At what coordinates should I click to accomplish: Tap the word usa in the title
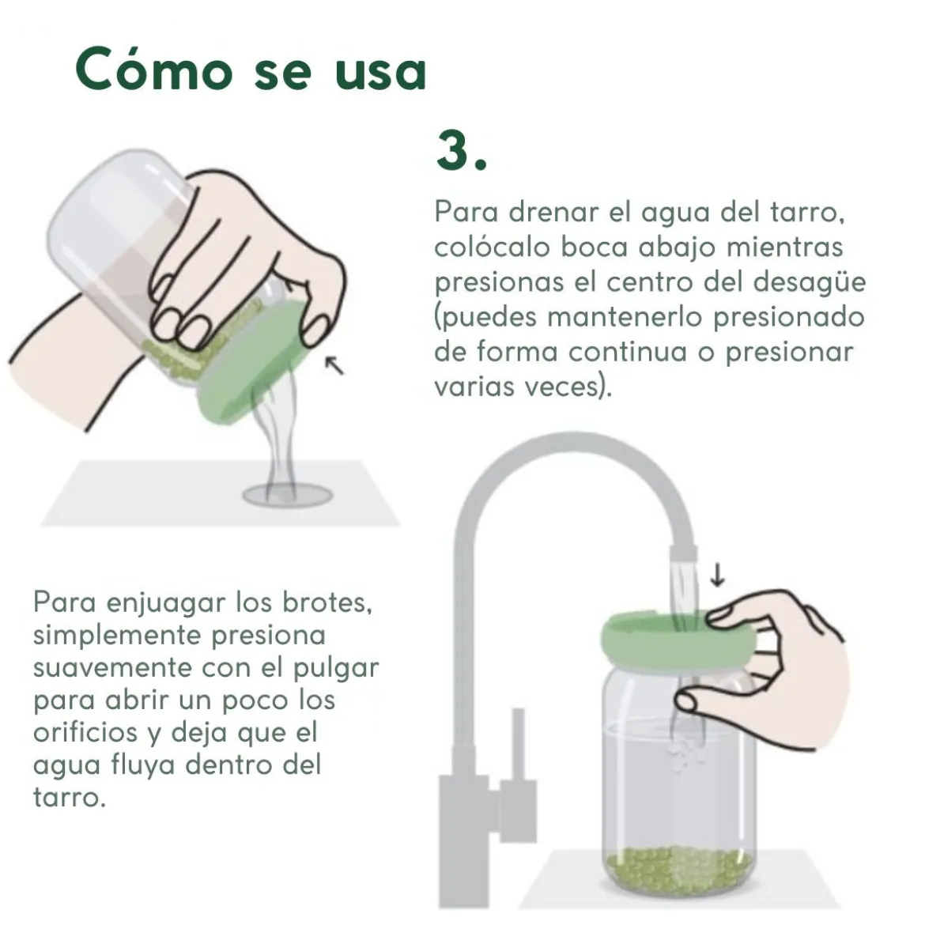380,73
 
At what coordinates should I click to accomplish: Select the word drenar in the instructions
553,211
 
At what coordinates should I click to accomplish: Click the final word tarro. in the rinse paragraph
69,798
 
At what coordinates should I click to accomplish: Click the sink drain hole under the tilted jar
288,495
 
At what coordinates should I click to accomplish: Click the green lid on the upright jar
678,640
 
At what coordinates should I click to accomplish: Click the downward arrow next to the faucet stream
717,575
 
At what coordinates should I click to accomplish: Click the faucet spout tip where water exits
683,553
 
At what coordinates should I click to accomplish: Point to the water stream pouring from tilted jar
277,436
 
